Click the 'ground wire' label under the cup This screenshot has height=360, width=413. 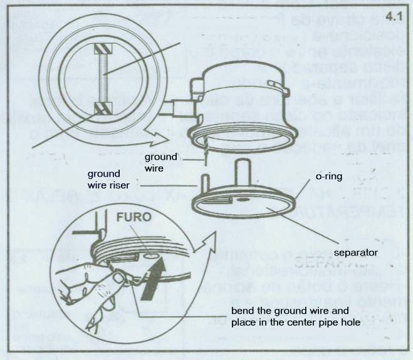click(x=162, y=162)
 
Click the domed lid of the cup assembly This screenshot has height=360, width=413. click(x=244, y=69)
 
